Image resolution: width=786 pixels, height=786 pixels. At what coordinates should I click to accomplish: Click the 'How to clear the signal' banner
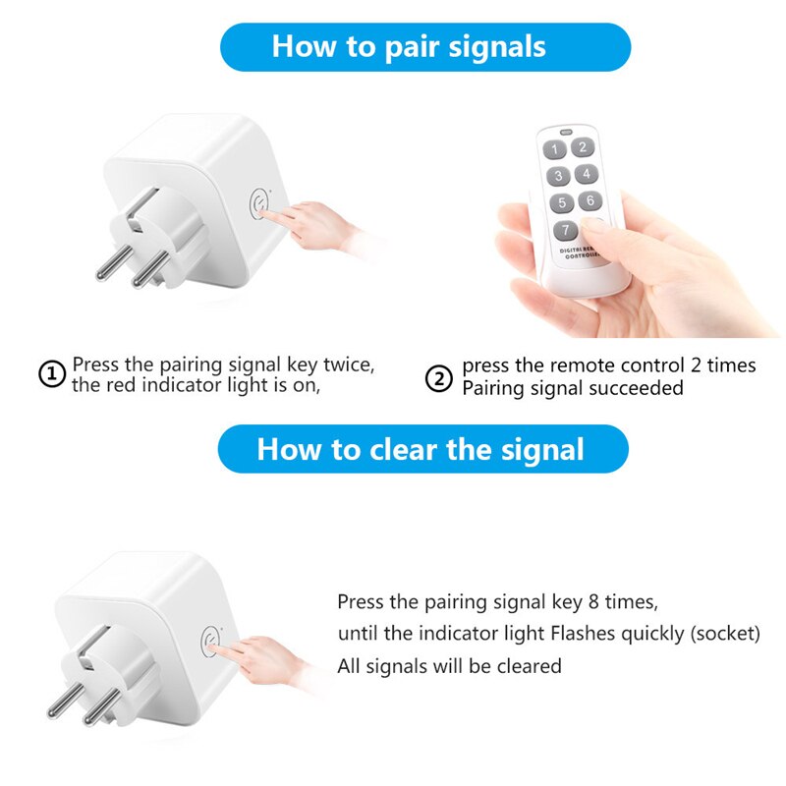(x=421, y=449)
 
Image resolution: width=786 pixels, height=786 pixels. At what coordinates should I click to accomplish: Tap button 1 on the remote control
(x=556, y=150)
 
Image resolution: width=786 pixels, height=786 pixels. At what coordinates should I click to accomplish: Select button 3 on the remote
(x=559, y=177)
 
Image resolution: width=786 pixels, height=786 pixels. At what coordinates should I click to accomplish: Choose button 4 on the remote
(x=587, y=174)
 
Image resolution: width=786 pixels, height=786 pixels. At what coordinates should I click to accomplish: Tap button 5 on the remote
(x=562, y=203)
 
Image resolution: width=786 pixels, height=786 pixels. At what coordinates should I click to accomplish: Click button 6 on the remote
(x=589, y=200)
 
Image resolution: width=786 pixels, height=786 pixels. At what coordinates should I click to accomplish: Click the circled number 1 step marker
(x=52, y=374)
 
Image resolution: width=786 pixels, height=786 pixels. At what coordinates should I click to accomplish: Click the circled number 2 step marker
(x=438, y=377)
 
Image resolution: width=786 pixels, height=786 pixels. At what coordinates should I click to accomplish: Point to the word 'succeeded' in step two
(x=636, y=388)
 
